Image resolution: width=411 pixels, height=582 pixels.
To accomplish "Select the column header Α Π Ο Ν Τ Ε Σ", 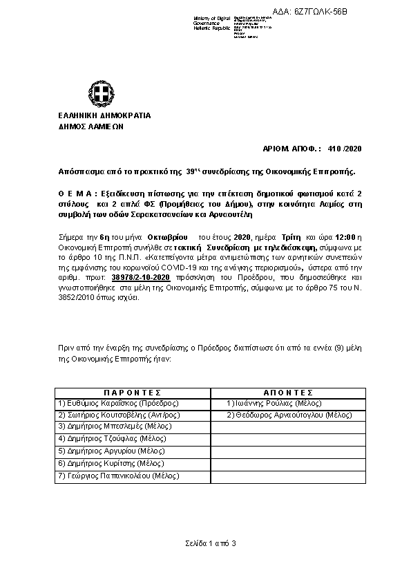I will tap(280, 391).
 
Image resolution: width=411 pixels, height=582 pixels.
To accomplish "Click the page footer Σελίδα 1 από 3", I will tap(210, 543).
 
